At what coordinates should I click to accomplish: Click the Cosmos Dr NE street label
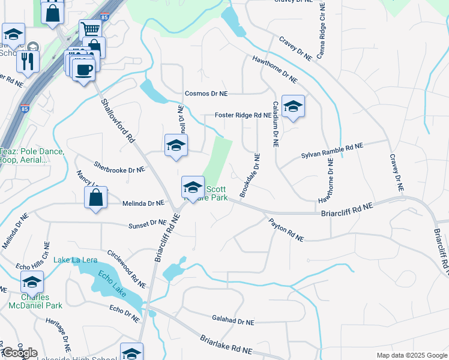pyautogui.click(x=206, y=94)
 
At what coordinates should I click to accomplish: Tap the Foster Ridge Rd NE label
pyautogui.click(x=243, y=115)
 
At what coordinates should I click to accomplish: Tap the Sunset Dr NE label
pyautogui.click(x=147, y=224)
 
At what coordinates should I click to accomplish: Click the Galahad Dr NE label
pyautogui.click(x=233, y=322)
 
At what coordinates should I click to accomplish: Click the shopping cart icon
pyautogui.click(x=90, y=29)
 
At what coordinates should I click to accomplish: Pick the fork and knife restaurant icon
pyautogui.click(x=28, y=61)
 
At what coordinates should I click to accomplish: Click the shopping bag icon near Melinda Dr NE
pyautogui.click(x=96, y=196)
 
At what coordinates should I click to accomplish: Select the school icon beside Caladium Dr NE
pyautogui.click(x=293, y=106)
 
